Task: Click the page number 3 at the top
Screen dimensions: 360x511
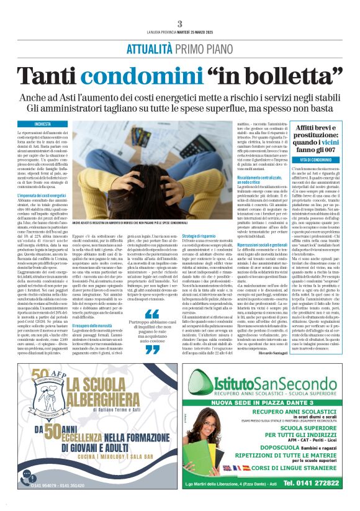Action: click(x=179, y=24)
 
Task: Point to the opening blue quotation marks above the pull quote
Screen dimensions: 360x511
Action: click(x=153, y=314)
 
